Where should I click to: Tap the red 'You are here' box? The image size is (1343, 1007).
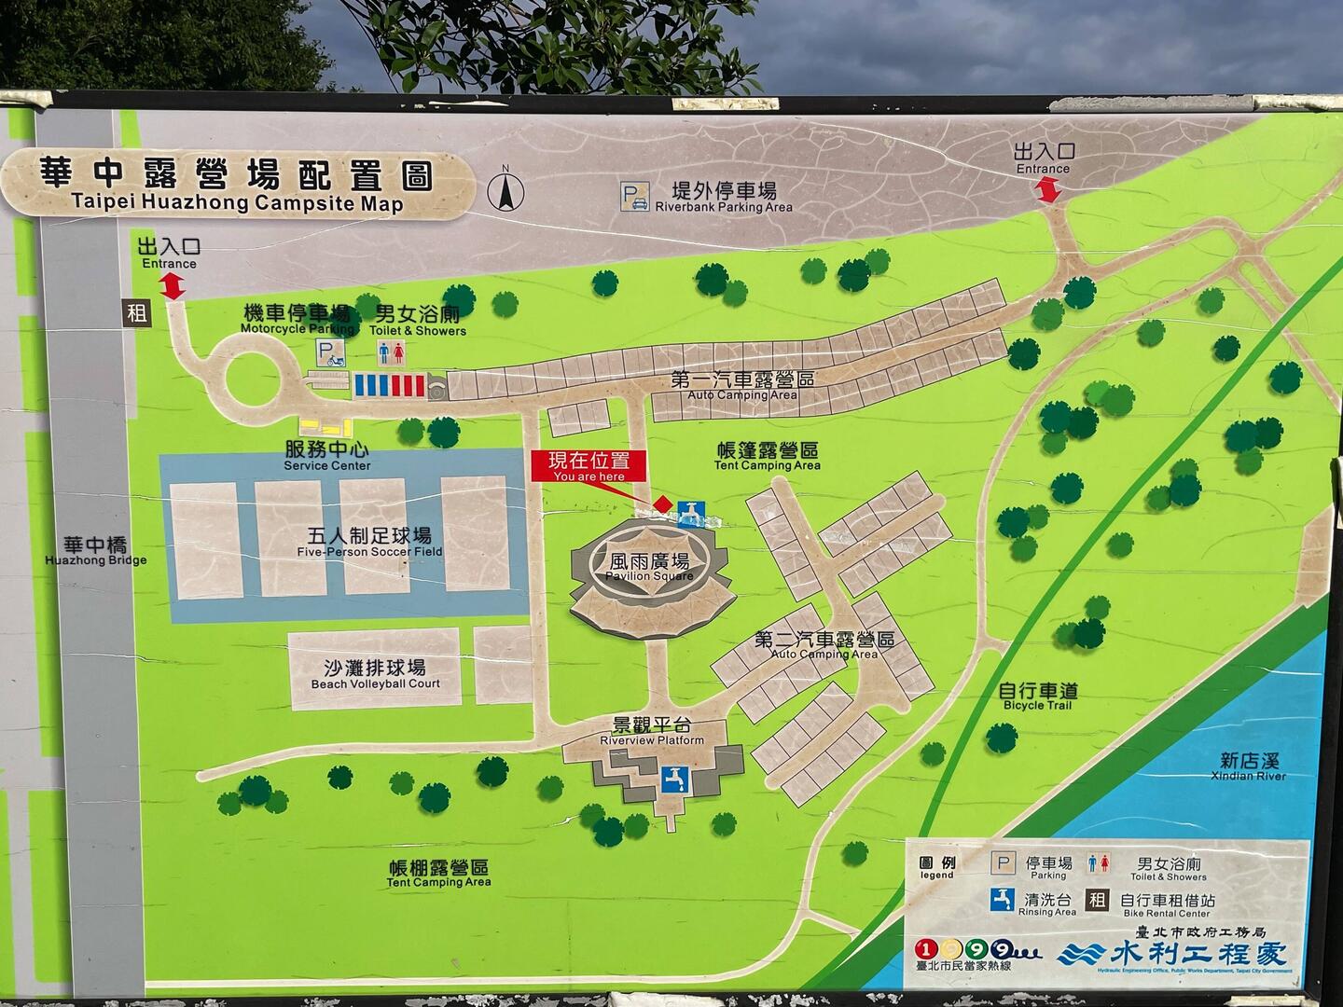pyautogui.click(x=588, y=465)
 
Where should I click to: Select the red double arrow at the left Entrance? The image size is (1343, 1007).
pyautogui.click(x=173, y=286)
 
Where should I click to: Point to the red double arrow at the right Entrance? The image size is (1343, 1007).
pyautogui.click(x=1047, y=189)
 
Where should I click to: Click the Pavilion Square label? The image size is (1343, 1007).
pyautogui.click(x=649, y=567)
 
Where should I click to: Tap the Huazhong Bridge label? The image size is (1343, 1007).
pyautogui.click(x=95, y=550)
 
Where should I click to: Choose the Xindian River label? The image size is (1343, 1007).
pyautogui.click(x=1248, y=766)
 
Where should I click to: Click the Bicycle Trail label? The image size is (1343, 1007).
pyautogui.click(x=1037, y=696)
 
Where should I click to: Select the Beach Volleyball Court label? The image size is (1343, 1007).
pyautogui.click(x=375, y=674)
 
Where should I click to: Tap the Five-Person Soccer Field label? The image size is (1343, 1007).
pyautogui.click(x=369, y=542)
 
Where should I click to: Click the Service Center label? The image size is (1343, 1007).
pyautogui.click(x=326, y=454)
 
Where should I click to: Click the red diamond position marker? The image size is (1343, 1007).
pyautogui.click(x=662, y=504)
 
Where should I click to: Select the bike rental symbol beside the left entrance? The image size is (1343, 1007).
pyautogui.click(x=137, y=312)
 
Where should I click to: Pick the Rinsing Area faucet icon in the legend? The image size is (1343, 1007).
pyautogui.click(x=1003, y=899)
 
